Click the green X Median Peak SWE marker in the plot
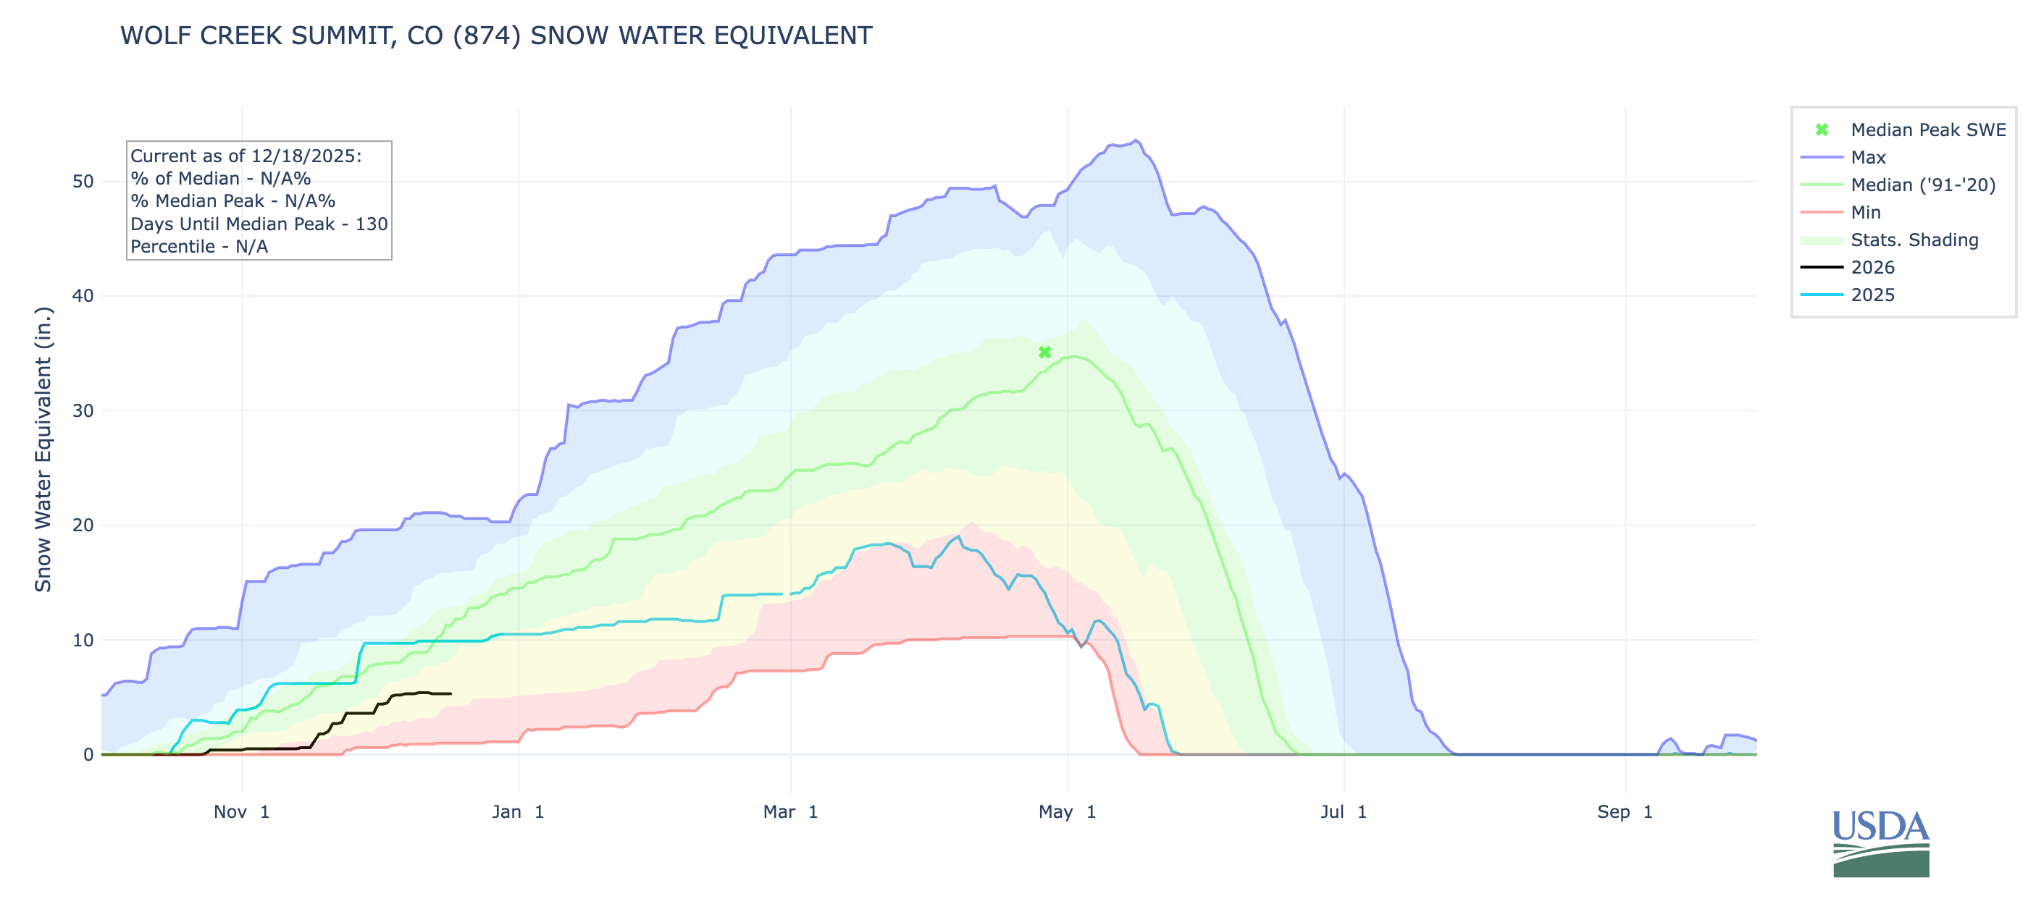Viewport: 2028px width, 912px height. coord(1044,352)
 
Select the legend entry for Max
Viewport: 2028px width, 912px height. coord(1867,157)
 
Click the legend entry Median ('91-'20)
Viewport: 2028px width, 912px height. coord(1922,185)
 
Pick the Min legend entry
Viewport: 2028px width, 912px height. coord(1865,213)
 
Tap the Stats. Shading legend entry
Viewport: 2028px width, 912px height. coord(1914,240)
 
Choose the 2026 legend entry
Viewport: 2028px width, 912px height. coord(1872,268)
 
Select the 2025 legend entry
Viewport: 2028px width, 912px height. coord(1872,295)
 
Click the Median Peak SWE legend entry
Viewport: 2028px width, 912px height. coord(1927,130)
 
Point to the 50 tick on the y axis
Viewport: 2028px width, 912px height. coord(83,182)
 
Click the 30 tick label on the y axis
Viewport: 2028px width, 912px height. coord(83,410)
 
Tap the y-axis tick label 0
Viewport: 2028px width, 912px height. coord(88,755)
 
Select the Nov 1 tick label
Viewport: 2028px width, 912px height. coord(242,812)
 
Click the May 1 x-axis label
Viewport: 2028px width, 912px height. coord(1067,812)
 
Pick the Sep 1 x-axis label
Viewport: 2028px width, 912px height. coord(1624,812)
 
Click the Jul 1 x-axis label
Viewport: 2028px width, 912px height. coord(1343,812)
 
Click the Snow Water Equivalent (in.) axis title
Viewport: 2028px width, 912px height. coord(43,449)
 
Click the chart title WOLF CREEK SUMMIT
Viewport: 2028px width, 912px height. coord(496,36)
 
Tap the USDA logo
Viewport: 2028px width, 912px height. coord(1881,843)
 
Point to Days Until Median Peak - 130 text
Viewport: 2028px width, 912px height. coord(259,224)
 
